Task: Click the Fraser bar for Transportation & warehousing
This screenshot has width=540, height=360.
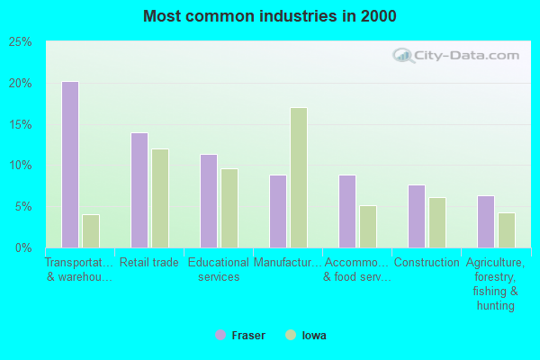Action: coord(70,165)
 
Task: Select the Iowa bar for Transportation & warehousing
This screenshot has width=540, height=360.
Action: coord(91,230)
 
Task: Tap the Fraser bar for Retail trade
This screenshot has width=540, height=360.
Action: coord(139,190)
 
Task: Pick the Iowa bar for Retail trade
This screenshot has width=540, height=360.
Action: coord(160,198)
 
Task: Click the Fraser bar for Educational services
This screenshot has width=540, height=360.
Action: coord(209,201)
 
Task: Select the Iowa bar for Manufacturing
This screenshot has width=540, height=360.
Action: coord(299,177)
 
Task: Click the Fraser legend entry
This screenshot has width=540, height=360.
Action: coord(240,336)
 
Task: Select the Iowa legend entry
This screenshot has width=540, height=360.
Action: coord(306,336)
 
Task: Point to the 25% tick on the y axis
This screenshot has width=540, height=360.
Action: coord(21,42)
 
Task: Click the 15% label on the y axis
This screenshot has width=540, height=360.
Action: coord(21,124)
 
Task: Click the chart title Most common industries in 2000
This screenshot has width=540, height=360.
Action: coord(269,16)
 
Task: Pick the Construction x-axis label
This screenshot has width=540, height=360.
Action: coord(427,263)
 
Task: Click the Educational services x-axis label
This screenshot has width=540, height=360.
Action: coord(219,270)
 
